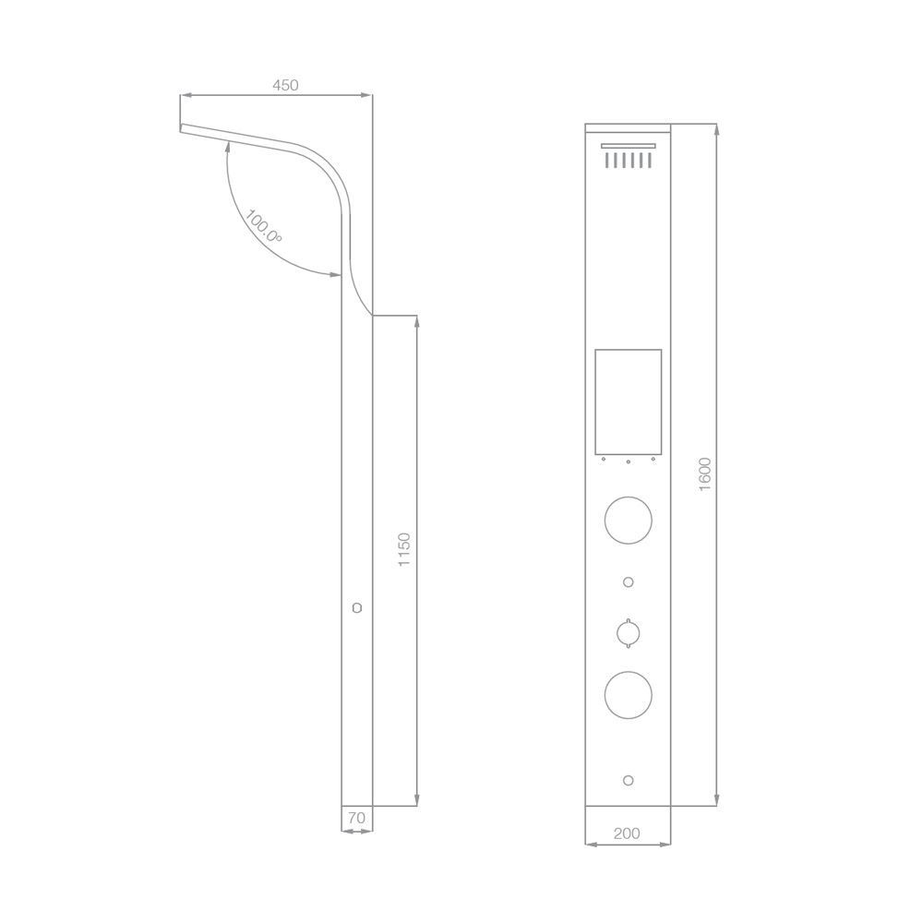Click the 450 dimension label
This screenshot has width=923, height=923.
click(285, 86)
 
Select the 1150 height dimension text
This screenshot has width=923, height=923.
click(403, 549)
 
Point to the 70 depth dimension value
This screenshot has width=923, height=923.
click(356, 817)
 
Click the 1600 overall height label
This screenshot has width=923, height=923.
click(705, 474)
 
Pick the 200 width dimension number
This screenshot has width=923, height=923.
click(627, 833)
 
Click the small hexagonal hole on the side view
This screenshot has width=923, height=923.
click(357, 608)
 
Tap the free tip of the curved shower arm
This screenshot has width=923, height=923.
click(183, 128)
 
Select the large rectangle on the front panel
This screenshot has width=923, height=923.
click(629, 402)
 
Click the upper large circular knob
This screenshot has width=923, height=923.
click(629, 520)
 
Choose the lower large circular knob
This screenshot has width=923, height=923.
click(629, 695)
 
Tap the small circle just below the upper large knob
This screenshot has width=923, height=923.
click(629, 581)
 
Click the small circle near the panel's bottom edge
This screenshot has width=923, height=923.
click(629, 780)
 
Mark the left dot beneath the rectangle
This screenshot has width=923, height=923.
click(603, 460)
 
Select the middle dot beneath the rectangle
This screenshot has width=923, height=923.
click(629, 461)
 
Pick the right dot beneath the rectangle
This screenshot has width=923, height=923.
click(653, 460)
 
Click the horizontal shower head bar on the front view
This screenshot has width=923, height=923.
click(629, 146)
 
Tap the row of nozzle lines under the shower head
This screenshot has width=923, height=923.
click(629, 161)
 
